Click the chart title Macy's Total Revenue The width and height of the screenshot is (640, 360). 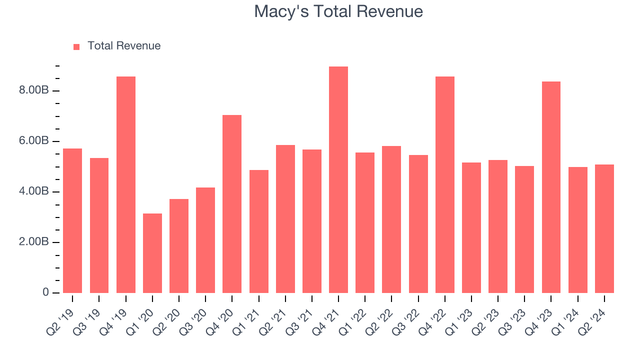[x=338, y=11]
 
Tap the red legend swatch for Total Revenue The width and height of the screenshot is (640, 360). [x=76, y=46]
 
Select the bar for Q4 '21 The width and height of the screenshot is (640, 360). [x=338, y=180]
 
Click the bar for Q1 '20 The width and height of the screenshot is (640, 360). [x=152, y=253]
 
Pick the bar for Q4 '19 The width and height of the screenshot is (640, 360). [x=125, y=185]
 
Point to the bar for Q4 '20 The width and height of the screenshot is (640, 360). [x=232, y=204]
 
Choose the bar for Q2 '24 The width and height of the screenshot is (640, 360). [x=604, y=228]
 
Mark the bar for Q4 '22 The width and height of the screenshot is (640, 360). [x=444, y=185]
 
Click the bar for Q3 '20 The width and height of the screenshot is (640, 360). [x=205, y=240]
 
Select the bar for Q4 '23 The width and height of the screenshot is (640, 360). [x=551, y=187]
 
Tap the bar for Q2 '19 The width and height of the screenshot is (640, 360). [x=72, y=220]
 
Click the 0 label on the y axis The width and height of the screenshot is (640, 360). [x=45, y=292]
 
